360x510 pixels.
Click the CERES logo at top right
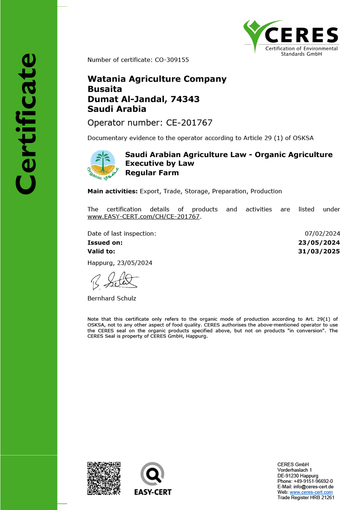point(291,38)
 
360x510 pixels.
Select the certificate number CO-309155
point(172,60)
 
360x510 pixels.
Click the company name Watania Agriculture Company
point(157,79)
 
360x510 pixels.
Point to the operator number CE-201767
point(189,123)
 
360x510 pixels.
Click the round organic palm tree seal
point(103,165)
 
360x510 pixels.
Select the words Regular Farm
point(152,173)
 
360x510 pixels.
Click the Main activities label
point(112,191)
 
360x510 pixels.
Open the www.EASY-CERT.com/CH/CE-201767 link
point(144,217)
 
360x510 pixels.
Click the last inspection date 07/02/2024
point(322,234)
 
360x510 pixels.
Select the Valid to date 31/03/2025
point(319,251)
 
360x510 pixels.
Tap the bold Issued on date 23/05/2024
point(319,243)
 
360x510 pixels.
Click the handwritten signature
point(114,281)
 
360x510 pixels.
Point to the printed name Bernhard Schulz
point(112,298)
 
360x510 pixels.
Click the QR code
point(104,478)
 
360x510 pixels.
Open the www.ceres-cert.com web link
point(311,492)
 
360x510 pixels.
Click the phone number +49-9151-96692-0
point(313,481)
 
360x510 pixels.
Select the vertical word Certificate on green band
point(27,124)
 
